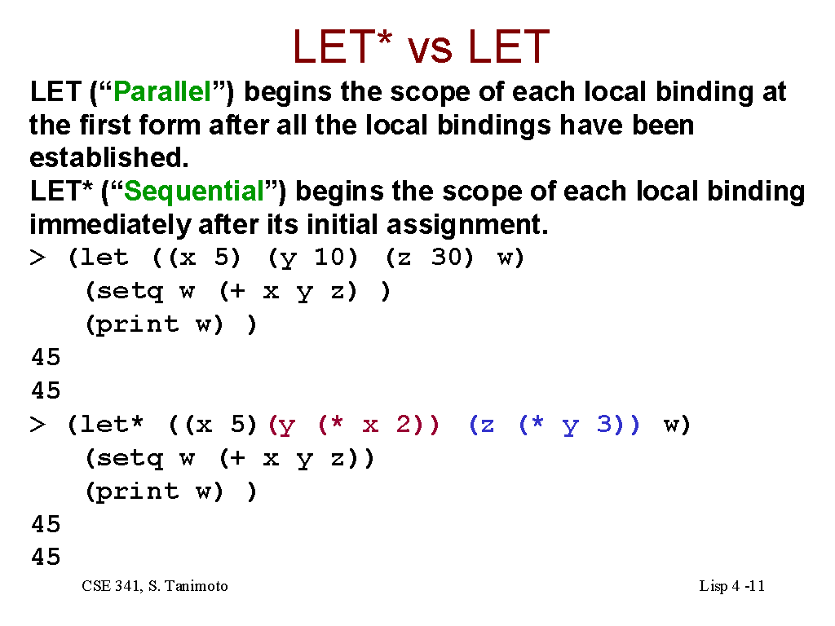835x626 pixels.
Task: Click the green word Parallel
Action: point(162,91)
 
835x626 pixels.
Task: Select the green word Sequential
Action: point(194,191)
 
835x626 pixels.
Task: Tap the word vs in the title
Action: point(431,46)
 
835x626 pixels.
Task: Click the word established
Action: point(108,157)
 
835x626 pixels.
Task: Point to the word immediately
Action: point(110,225)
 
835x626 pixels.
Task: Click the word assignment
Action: point(467,225)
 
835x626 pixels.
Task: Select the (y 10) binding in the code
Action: point(312,258)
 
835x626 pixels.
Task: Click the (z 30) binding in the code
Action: point(429,258)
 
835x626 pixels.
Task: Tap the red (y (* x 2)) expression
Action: point(354,425)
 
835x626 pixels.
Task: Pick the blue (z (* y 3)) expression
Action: point(554,425)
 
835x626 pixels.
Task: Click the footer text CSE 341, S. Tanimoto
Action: point(155,586)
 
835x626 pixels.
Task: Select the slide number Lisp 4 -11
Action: point(731,586)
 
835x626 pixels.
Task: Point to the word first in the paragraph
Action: point(104,125)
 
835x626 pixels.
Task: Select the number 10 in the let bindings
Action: point(329,258)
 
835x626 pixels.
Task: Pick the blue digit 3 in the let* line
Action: point(604,424)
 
